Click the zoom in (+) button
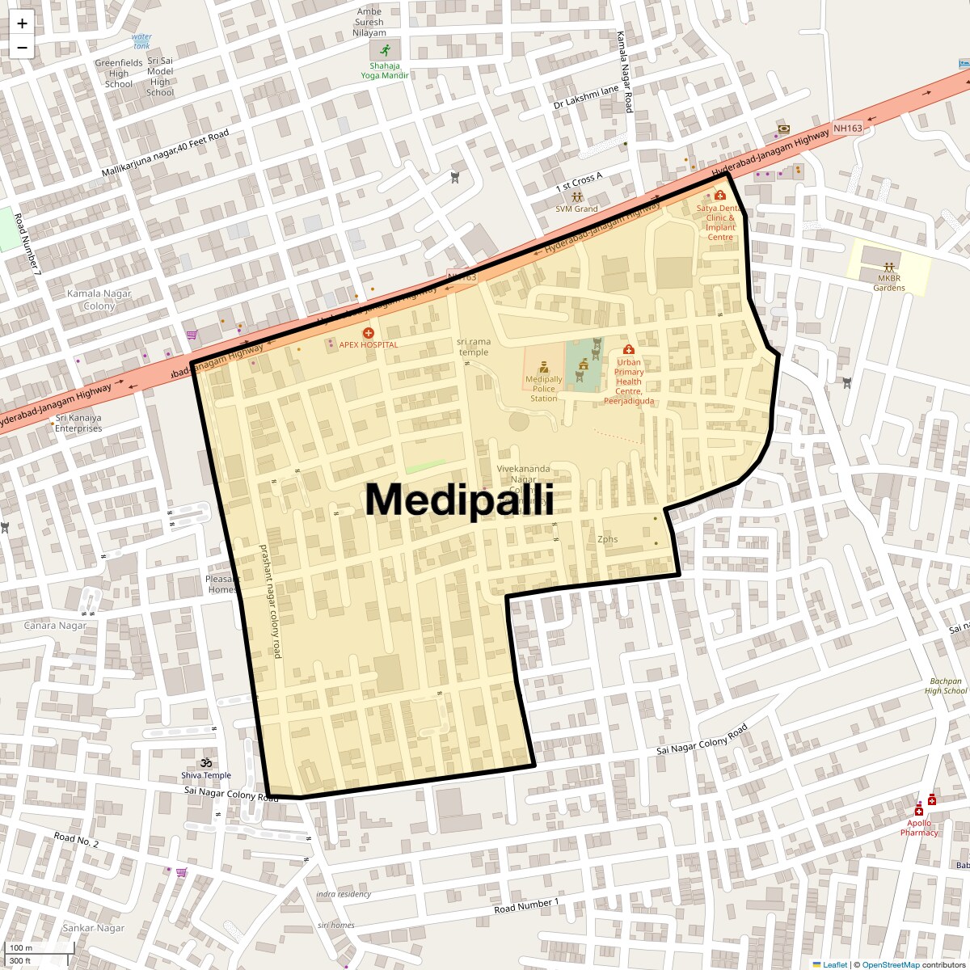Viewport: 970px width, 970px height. pos(22,23)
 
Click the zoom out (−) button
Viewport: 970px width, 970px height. pos(22,47)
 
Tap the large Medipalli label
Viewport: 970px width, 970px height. pos(459,500)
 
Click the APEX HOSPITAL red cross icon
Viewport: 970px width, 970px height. pos(369,332)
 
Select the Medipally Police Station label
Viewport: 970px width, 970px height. pos(543,388)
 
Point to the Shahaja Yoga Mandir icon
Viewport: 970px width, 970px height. pos(385,50)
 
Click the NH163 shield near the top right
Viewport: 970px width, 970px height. pos(848,128)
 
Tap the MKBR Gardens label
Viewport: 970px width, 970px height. pos(889,282)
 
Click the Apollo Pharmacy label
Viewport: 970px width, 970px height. pos(919,828)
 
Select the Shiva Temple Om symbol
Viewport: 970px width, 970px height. pos(206,762)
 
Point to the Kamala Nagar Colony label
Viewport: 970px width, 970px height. pos(99,299)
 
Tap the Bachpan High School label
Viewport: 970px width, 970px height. pos(946,685)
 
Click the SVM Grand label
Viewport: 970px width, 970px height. pos(576,209)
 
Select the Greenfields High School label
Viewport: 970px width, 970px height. pos(119,73)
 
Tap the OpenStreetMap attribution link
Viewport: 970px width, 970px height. pos(890,964)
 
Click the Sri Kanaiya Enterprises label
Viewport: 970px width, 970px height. pos(78,423)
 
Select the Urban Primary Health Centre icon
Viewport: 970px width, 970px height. pos(628,350)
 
